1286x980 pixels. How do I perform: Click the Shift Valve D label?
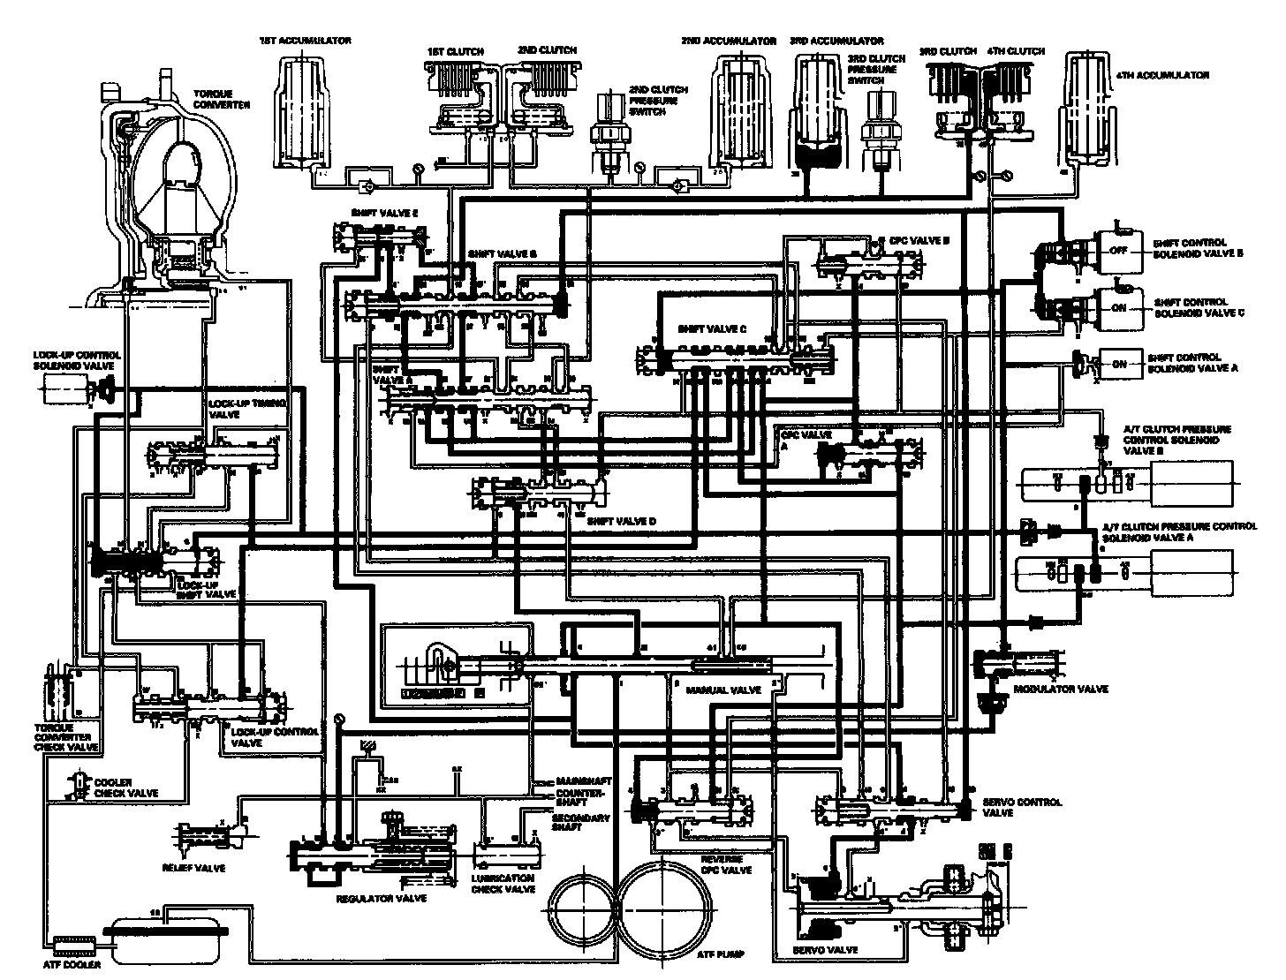click(622, 521)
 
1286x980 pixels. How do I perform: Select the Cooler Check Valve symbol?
click(80, 784)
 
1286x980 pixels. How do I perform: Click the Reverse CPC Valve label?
click(726, 864)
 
